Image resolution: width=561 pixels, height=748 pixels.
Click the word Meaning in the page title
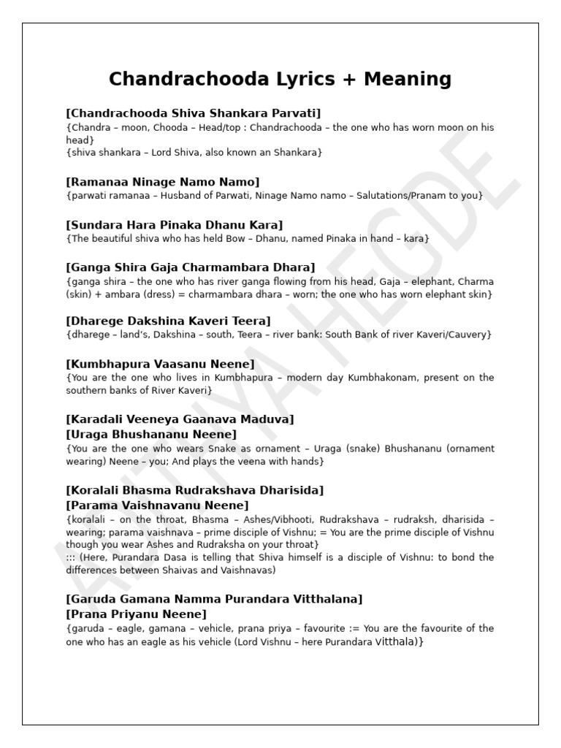pyautogui.click(x=405, y=79)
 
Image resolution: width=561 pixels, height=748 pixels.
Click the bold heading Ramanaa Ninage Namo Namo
pyautogui.click(x=162, y=181)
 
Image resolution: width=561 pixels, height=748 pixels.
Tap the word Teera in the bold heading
pyautogui.click(x=250, y=321)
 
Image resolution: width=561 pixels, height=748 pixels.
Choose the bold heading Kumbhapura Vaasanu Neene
pyautogui.click(x=160, y=364)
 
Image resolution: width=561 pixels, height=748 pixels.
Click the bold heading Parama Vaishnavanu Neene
pyautogui.click(x=157, y=505)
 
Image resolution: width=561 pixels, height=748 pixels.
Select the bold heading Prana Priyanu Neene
pyautogui.click(x=136, y=614)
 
